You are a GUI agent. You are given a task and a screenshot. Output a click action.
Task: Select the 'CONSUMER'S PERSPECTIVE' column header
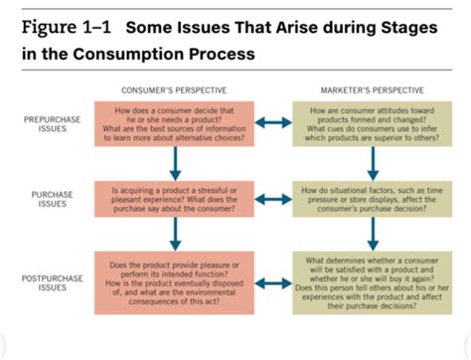pos(176,90)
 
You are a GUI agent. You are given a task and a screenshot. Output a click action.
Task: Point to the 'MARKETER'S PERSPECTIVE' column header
pos(372,90)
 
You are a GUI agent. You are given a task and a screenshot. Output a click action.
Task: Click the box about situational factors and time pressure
pos(372,198)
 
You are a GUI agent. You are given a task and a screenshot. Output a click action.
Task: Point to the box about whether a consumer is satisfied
pos(372,282)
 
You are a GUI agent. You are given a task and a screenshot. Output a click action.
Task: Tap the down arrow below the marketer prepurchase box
pos(371,162)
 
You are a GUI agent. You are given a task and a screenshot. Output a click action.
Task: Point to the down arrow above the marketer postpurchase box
pos(371,235)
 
